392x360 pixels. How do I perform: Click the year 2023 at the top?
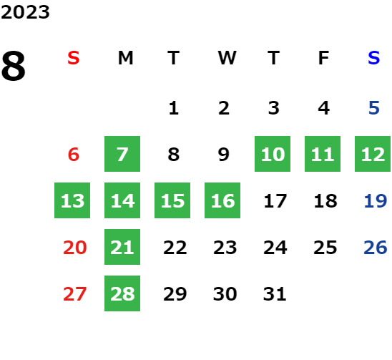click(x=25, y=12)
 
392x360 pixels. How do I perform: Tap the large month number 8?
click(x=14, y=66)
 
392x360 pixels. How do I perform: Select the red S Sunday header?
click(x=74, y=58)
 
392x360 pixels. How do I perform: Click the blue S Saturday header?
click(x=374, y=58)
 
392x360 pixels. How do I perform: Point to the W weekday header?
click(x=227, y=58)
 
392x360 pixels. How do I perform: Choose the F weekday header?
click(x=323, y=58)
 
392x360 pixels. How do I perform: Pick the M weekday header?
click(x=125, y=58)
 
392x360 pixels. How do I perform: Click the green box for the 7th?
click(x=122, y=154)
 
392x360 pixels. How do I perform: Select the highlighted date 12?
click(x=373, y=154)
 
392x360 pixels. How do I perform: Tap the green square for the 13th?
click(x=72, y=200)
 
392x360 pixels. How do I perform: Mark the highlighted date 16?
click(x=222, y=200)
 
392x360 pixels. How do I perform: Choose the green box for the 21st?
click(x=122, y=247)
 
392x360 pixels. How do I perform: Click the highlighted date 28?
click(x=122, y=293)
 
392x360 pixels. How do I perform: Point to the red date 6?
click(x=74, y=154)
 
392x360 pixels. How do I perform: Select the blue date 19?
click(x=376, y=200)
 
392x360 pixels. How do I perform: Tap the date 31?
click(x=275, y=293)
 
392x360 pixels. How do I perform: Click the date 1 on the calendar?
click(x=174, y=108)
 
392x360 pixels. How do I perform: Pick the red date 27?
click(x=74, y=293)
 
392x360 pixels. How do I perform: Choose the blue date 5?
click(x=374, y=108)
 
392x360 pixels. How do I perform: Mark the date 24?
click(x=275, y=248)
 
